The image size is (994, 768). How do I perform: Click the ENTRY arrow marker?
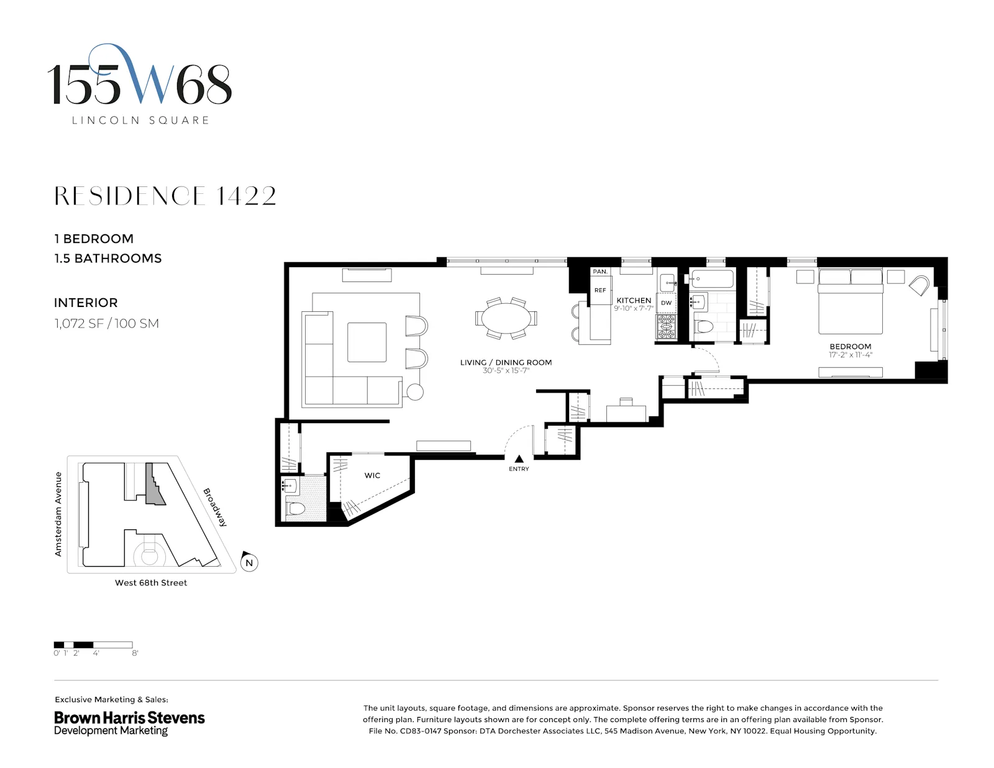tap(519, 459)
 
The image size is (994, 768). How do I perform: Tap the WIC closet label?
tap(372, 475)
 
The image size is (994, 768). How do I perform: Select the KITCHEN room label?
tap(633, 300)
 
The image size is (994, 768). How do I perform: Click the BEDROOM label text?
tap(850, 347)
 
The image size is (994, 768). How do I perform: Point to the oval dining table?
tap(506, 319)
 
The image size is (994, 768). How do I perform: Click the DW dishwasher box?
tap(666, 303)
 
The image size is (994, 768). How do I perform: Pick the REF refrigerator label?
tap(600, 290)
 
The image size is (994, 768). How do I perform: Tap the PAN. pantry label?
tap(600, 272)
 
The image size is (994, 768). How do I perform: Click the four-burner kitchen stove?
tap(666, 327)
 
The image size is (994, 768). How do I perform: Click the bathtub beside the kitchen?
tap(713, 278)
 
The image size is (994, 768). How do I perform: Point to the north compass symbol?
tap(248, 562)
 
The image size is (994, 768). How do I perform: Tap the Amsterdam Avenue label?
tap(58, 514)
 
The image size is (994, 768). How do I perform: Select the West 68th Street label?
tap(151, 583)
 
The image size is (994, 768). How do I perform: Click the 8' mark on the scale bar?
tap(135, 653)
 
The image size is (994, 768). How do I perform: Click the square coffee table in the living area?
tap(367, 342)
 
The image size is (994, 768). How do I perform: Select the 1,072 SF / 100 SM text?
tap(106, 323)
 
